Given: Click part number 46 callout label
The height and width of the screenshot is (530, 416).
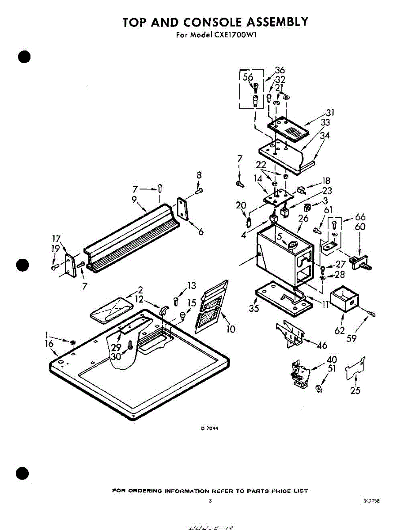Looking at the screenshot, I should coord(322,345).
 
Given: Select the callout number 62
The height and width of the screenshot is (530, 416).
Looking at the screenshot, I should coord(339,329).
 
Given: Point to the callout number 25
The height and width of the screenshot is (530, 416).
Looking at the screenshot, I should coord(355,390).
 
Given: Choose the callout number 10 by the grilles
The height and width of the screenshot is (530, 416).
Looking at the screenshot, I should coord(230,329).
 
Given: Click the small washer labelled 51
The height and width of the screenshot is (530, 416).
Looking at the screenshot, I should coord(319,389).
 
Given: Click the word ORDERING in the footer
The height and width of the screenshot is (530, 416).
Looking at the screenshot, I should coord(144,491).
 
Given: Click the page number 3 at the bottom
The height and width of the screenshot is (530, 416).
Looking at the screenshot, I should coord(210,501).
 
